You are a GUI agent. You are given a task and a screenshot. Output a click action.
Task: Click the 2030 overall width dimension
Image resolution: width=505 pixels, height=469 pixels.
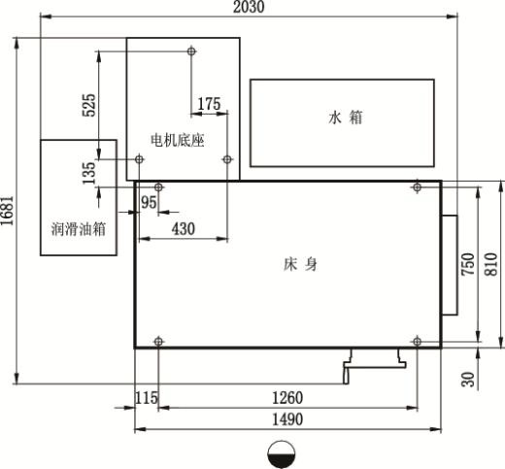[249, 7]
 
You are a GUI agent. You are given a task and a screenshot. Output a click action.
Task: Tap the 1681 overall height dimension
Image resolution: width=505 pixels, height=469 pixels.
[7, 211]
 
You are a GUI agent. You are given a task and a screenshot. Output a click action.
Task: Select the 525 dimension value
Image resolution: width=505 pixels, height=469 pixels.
[89, 105]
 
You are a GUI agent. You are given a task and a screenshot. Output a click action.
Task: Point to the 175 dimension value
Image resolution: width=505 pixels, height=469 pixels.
[209, 104]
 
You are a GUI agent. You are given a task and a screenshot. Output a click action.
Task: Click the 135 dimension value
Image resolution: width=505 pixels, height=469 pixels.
[89, 173]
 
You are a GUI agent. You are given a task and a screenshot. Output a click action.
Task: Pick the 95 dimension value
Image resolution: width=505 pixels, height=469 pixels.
[149, 203]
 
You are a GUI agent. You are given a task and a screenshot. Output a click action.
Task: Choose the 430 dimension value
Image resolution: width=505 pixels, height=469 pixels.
[184, 228]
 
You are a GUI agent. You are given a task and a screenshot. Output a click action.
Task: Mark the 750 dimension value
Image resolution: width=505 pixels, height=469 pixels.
[468, 264]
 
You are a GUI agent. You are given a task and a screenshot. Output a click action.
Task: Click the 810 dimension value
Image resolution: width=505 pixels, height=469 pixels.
[490, 264]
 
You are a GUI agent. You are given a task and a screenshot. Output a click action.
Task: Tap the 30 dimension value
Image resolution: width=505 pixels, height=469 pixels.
[468, 380]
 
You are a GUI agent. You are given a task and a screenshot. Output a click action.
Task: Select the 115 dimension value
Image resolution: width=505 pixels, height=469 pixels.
[147, 398]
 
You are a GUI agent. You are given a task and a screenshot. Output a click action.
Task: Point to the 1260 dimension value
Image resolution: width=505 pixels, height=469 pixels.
[287, 398]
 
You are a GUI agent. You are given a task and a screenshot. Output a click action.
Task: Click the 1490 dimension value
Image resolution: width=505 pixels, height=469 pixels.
[287, 419]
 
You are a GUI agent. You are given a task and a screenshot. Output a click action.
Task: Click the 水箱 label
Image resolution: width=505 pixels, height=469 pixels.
[346, 117]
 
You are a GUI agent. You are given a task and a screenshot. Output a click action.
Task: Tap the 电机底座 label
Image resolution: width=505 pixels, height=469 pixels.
[178, 141]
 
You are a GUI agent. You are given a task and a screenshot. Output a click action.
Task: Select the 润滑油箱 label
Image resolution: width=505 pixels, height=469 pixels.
[79, 229]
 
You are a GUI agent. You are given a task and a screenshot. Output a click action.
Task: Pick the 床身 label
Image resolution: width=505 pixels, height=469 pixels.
[300, 264]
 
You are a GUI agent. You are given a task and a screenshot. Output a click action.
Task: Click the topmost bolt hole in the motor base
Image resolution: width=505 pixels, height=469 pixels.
[191, 51]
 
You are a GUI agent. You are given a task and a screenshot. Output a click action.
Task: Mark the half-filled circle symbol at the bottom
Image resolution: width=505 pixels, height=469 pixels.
[282, 454]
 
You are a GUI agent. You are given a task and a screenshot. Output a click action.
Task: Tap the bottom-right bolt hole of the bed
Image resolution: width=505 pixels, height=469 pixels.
[418, 341]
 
